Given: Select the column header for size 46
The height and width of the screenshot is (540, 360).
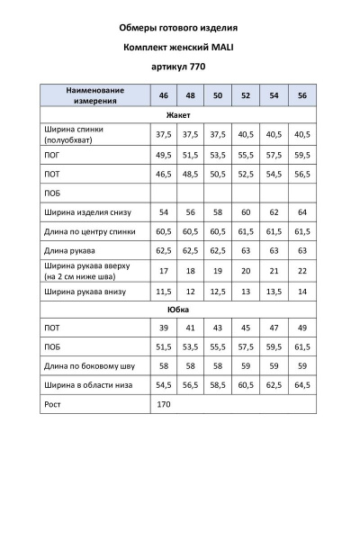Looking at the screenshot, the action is click(x=164, y=95).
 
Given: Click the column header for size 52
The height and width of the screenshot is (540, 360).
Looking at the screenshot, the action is click(x=246, y=95).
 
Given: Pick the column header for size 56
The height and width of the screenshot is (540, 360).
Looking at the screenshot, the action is click(x=301, y=95).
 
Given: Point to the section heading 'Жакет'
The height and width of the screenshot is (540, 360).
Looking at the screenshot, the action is click(x=178, y=115).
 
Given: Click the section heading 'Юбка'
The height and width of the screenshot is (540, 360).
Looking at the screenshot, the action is click(x=178, y=309).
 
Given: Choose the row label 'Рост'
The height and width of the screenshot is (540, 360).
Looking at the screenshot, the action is click(x=52, y=405).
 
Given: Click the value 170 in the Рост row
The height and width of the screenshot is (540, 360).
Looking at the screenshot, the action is click(x=164, y=405).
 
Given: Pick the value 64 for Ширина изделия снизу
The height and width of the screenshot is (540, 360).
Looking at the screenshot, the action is click(x=301, y=212).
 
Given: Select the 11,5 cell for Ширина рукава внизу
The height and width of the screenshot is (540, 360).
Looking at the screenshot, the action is click(x=164, y=292).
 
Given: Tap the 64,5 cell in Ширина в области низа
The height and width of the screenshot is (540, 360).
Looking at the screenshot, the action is click(x=301, y=385).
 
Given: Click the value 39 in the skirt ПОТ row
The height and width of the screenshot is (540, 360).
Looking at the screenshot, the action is click(x=164, y=328).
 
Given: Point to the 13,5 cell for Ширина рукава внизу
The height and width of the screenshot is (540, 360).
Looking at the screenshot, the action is click(x=274, y=292).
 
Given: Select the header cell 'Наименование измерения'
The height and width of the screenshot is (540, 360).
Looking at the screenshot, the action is click(x=94, y=95).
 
